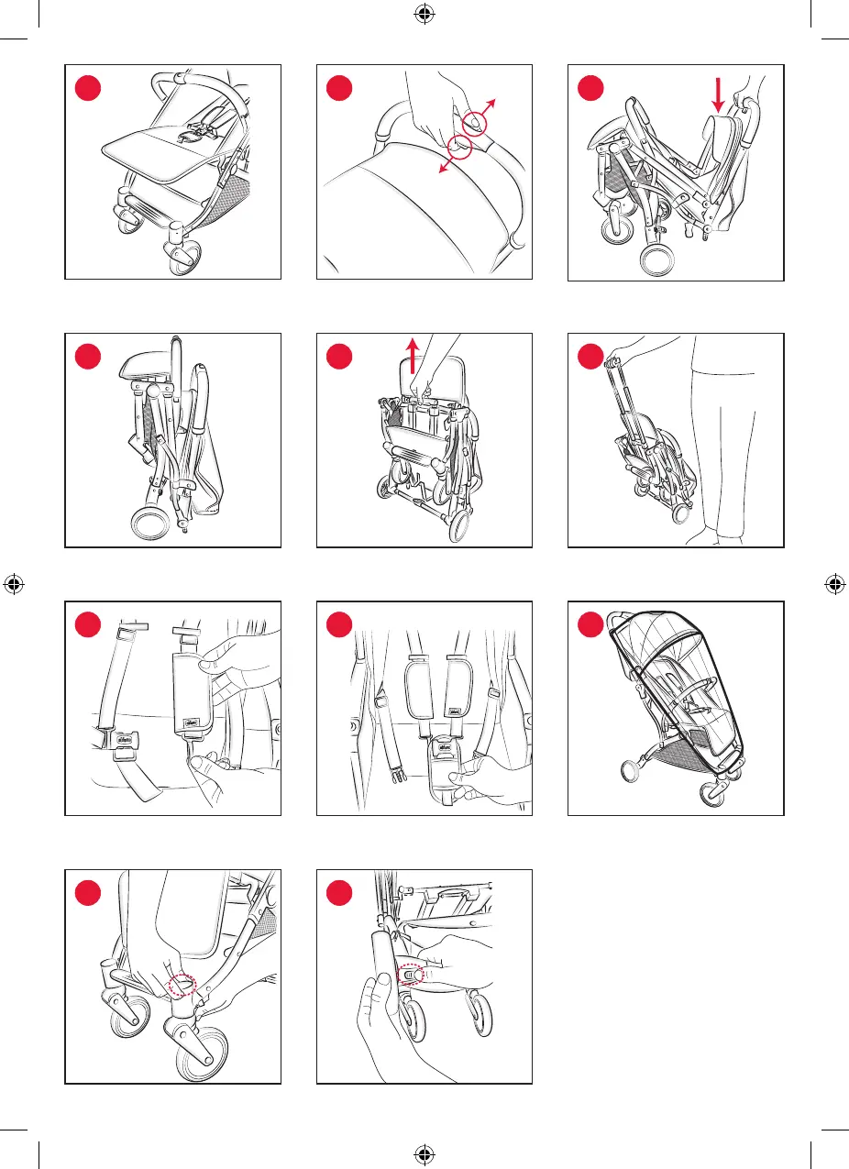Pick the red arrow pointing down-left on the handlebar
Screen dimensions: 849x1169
click(x=444, y=164)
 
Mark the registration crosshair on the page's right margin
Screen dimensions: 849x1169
click(x=836, y=583)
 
